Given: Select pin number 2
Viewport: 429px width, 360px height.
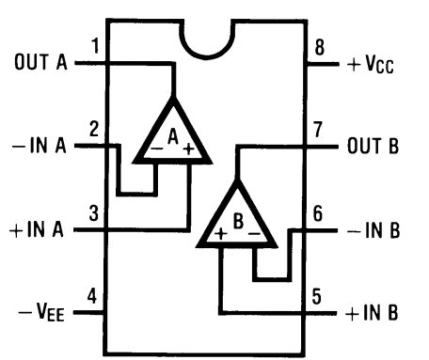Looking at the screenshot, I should tap(95, 127).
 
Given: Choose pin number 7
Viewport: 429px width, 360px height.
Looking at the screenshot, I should tap(318, 127).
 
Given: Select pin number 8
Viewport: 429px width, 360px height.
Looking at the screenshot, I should tap(318, 46).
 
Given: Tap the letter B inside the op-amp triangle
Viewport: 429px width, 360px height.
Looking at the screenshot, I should tap(238, 223).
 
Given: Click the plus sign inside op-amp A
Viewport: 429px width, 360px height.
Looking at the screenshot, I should tap(189, 149).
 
